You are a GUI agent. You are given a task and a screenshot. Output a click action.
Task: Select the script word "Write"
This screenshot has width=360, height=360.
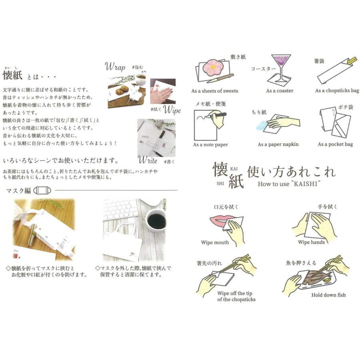[148, 161]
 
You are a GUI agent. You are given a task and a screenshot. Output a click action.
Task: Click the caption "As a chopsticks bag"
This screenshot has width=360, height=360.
[337, 91]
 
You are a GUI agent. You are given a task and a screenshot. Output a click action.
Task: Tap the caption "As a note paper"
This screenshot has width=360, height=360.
[210, 144]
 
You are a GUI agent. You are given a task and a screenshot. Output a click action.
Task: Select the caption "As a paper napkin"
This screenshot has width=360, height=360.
[278, 144]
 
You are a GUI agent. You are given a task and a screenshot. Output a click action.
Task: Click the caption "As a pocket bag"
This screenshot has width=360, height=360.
[335, 144]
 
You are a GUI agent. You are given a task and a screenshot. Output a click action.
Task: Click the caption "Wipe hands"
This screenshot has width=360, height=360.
[311, 242]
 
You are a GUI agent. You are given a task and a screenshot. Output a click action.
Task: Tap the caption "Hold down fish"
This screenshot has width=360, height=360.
[328, 295]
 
